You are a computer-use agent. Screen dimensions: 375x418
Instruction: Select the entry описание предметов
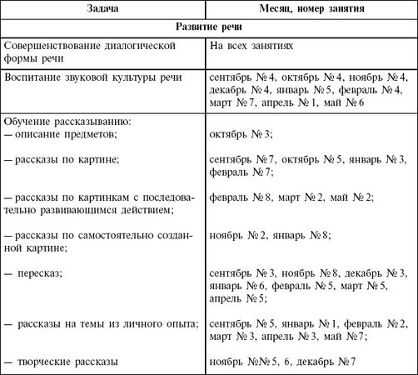62,132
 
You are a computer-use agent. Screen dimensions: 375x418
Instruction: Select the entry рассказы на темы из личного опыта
106,323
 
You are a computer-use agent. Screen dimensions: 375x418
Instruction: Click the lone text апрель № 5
238,297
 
